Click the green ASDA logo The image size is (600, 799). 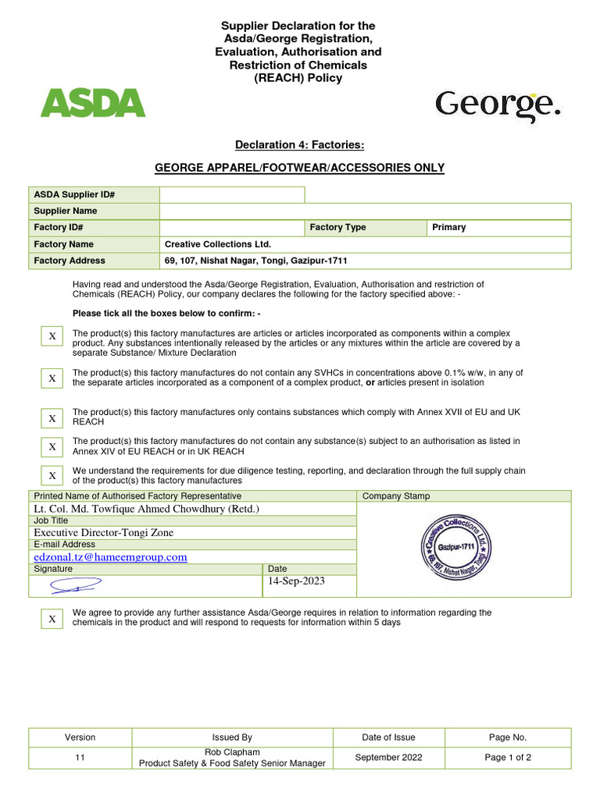tap(92, 103)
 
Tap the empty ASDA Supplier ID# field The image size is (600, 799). tap(232, 195)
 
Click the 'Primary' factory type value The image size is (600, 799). tap(448, 228)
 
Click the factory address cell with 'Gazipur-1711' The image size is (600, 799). tap(255, 261)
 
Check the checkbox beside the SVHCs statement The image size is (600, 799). tap(52, 378)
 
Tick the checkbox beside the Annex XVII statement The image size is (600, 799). tap(52, 418)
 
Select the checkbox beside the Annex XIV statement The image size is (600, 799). tap(52, 446)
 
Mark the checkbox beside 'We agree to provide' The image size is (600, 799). tap(52, 619)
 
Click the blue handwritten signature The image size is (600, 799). tap(76, 584)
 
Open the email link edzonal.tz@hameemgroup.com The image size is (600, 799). tap(110, 557)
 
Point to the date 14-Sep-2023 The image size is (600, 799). tap(296, 581)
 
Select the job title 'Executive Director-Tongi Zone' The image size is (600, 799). tap(104, 533)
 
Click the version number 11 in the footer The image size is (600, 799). tap(80, 758)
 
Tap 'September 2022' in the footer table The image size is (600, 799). tap(388, 758)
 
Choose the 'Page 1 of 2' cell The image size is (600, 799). tap(508, 758)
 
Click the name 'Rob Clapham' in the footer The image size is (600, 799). tap(232, 752)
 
